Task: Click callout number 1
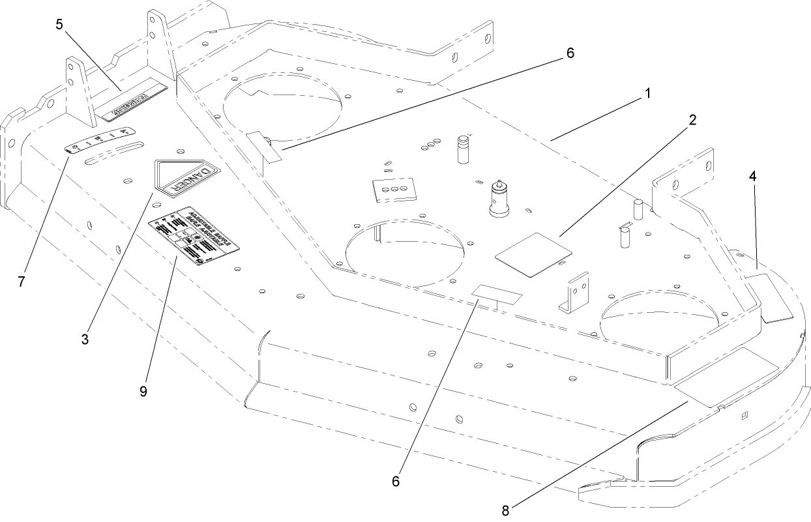pyautogui.click(x=647, y=94)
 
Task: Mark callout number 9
pyautogui.click(x=143, y=390)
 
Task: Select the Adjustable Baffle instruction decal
pyautogui.click(x=194, y=239)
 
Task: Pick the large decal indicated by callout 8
pyautogui.click(x=727, y=378)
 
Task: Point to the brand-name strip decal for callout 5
pyautogui.click(x=134, y=96)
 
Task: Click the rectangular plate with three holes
pyautogui.click(x=394, y=188)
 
